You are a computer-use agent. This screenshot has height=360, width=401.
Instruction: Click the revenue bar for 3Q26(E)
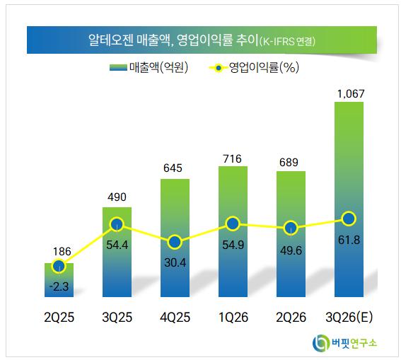(x=349, y=199)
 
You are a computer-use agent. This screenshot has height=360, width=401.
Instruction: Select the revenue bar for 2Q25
(x=59, y=280)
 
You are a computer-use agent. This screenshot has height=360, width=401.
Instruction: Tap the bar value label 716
(x=232, y=159)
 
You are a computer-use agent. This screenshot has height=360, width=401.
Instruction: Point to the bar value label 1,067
(x=351, y=94)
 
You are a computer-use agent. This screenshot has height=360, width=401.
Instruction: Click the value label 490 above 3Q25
(x=117, y=197)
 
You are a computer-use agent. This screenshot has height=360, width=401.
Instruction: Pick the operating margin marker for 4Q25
(x=175, y=242)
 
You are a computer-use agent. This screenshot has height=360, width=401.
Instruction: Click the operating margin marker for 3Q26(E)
(x=349, y=219)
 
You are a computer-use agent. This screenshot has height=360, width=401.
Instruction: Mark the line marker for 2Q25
(x=59, y=266)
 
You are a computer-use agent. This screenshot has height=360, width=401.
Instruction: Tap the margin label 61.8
(x=349, y=240)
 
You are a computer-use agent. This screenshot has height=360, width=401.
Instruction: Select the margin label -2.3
(x=59, y=286)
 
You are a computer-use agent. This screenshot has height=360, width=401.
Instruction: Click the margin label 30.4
(x=175, y=262)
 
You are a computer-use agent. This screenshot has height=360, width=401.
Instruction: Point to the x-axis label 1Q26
(x=233, y=318)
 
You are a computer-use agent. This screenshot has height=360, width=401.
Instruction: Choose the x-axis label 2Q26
(x=291, y=318)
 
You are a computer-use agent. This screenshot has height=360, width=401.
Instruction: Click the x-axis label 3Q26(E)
(x=349, y=318)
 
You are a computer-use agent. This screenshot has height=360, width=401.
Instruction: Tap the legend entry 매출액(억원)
(x=149, y=67)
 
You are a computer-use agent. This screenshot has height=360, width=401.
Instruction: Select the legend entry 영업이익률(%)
(x=254, y=67)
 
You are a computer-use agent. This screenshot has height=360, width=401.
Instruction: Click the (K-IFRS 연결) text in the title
(x=287, y=41)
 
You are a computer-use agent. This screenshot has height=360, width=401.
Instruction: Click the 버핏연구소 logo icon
(x=320, y=342)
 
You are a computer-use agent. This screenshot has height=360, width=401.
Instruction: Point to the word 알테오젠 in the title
(x=111, y=40)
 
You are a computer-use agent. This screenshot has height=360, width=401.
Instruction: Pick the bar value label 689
(x=289, y=163)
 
